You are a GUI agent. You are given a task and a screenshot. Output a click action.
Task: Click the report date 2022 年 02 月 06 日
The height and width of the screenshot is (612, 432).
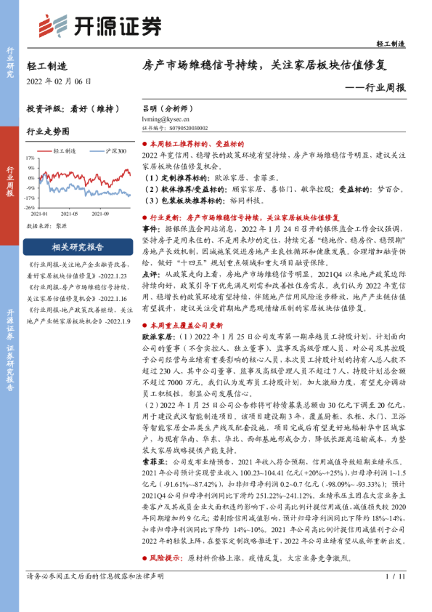coord(59,81)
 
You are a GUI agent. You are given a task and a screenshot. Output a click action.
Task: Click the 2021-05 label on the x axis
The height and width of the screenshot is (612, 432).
coord(70,214)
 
